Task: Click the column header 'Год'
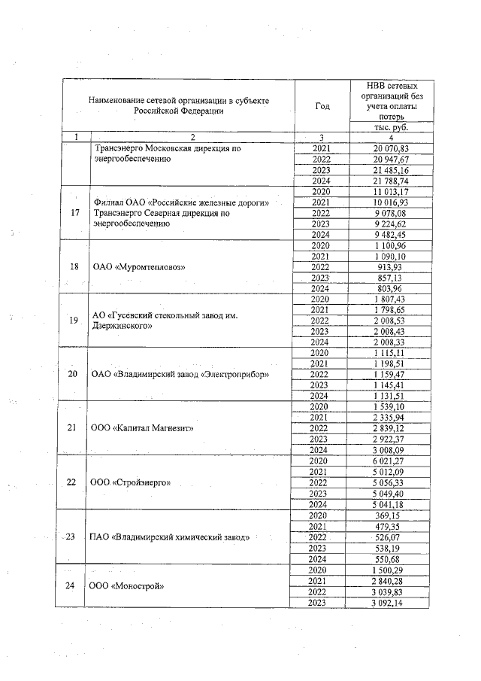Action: click(x=321, y=106)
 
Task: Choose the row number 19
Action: click(x=74, y=321)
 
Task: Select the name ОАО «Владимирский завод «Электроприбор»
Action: click(x=180, y=375)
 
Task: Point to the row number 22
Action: click(x=74, y=482)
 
